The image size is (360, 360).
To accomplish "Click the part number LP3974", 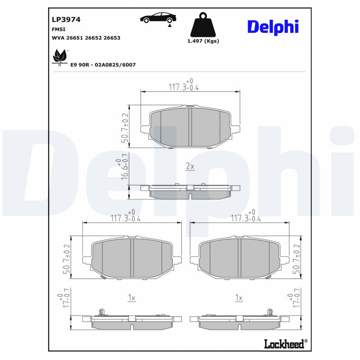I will (66, 20).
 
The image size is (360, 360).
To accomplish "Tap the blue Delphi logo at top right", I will (273, 27).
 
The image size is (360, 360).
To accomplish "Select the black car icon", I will (158, 18).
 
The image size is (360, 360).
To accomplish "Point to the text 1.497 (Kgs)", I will (202, 41).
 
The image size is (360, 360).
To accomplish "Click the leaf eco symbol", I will (58, 57).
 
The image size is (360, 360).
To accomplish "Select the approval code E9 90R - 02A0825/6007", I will (103, 65).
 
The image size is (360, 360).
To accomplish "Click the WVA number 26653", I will (112, 38).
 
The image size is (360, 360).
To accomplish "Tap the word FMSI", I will (58, 29).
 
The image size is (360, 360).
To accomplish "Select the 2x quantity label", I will (190, 166).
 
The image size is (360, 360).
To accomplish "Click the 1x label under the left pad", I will (131, 297).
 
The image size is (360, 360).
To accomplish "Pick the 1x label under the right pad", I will (239, 297).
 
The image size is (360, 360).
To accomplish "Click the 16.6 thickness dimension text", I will (124, 171).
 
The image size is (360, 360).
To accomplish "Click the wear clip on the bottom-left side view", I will (101, 312).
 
